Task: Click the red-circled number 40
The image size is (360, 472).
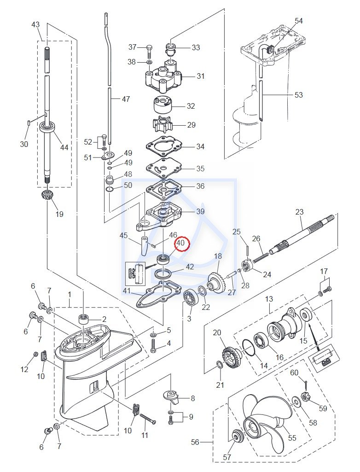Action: pyautogui.click(x=180, y=243)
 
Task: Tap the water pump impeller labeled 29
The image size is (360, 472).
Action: pyautogui.click(x=161, y=124)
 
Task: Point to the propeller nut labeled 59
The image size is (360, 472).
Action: pyautogui.click(x=304, y=398)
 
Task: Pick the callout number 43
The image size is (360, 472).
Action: pyautogui.click(x=35, y=24)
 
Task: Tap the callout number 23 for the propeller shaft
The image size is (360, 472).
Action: pyautogui.click(x=299, y=212)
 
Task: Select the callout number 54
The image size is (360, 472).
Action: pyautogui.click(x=299, y=21)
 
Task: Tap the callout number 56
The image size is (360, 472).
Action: pyautogui.click(x=195, y=442)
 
